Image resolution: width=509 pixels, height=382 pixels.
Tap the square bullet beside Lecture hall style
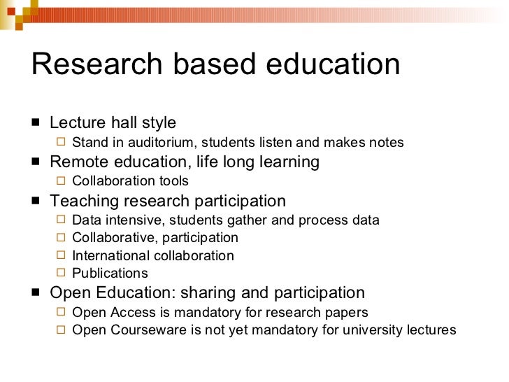click(x=36, y=123)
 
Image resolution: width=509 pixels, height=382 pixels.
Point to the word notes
click(x=384, y=143)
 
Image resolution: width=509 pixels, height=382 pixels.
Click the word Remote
click(x=77, y=162)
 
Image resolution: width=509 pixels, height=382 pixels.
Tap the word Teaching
click(x=84, y=201)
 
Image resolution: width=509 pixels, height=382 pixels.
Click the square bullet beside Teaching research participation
click(x=36, y=201)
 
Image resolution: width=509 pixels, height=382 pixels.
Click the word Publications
click(x=110, y=274)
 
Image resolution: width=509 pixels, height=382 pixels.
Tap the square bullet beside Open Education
click(x=36, y=292)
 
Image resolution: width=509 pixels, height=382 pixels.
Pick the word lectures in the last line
click(x=431, y=330)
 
